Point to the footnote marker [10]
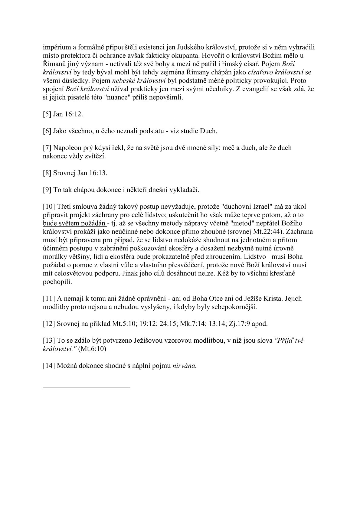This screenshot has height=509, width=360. click(x=48, y=207)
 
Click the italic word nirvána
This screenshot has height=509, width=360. click(x=185, y=365)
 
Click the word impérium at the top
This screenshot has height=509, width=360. click(x=56, y=47)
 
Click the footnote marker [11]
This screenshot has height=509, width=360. click(x=48, y=299)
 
